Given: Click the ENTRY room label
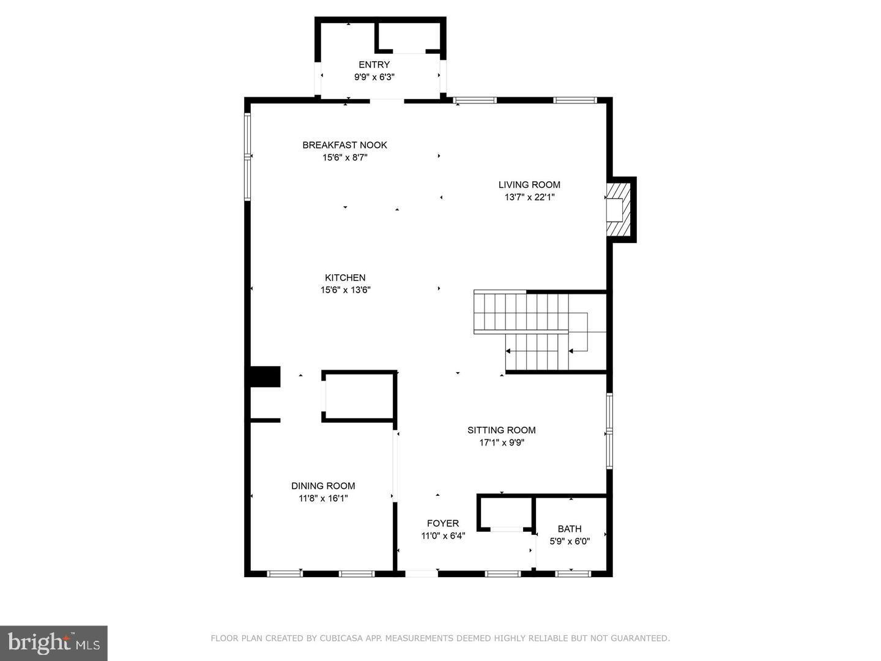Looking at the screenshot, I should coord(374,65).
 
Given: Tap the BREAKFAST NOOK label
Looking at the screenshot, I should coord(344,145).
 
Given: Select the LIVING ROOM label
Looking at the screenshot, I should coord(529,185).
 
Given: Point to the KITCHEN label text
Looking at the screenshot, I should coord(345,278).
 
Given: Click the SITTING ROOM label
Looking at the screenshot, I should coord(501,430).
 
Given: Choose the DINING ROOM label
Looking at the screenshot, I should coord(323,486).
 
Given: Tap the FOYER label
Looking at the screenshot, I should coord(442,523).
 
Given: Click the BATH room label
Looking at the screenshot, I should coord(570,529).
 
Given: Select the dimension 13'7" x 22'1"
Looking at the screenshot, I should coord(529,197).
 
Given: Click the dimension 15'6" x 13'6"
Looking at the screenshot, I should coord(345,290).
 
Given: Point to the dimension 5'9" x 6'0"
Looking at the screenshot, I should coord(570,541).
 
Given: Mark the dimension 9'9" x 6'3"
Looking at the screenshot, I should coord(374,77).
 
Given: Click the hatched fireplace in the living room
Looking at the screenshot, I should coord(619,209).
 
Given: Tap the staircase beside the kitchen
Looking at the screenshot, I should coord(532,330).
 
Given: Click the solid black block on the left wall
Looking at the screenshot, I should coord(264,376).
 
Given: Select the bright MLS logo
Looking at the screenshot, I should coord(54,643).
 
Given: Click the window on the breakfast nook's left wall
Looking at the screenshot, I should coord(248,157).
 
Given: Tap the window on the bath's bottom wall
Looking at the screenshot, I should coord(573,573).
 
